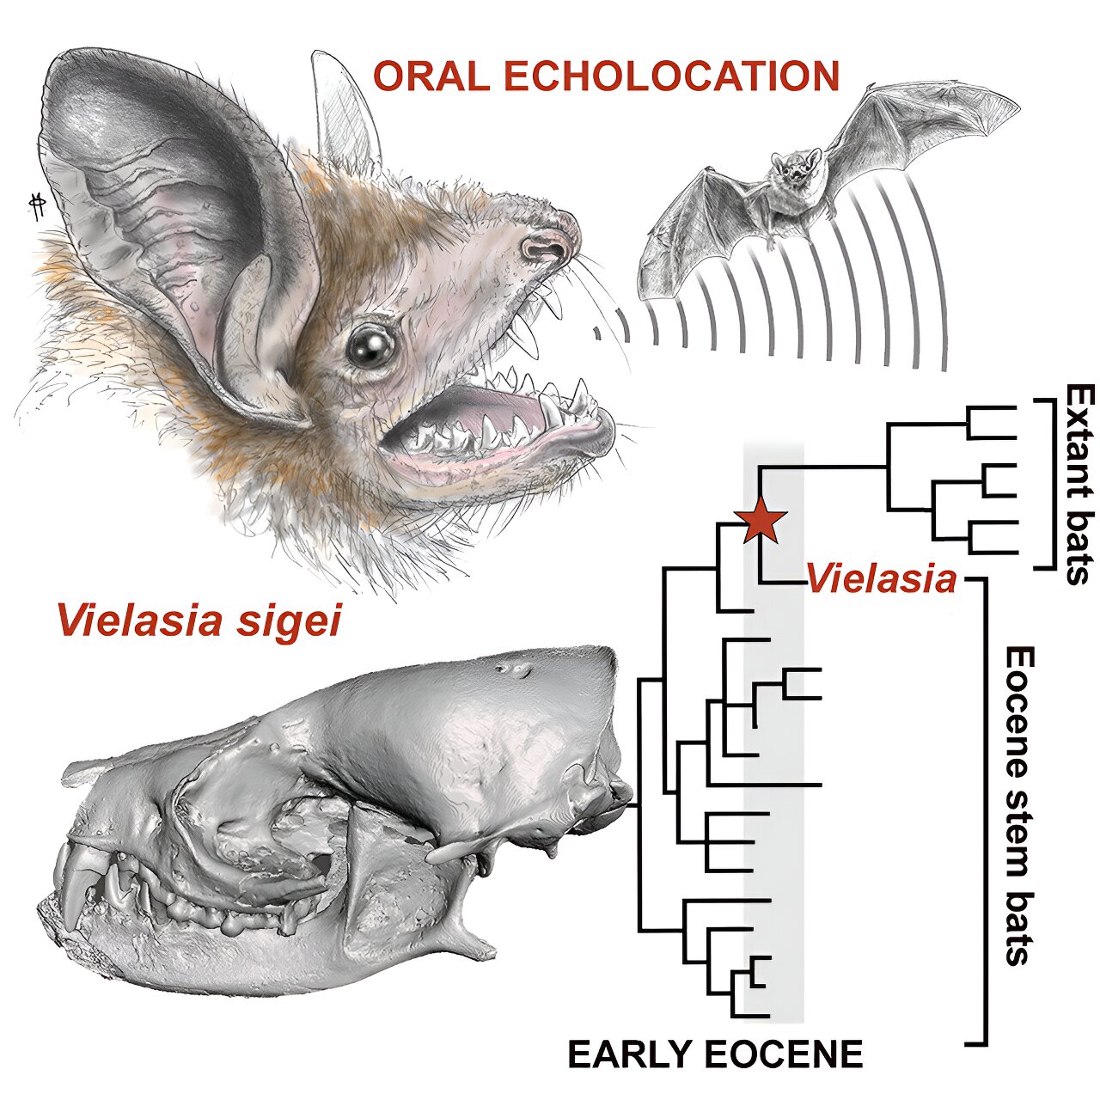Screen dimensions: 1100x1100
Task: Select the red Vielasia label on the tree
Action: point(880,581)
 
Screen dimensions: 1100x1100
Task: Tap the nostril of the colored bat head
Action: point(541,249)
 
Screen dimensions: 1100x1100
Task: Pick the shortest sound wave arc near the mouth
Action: point(597,334)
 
